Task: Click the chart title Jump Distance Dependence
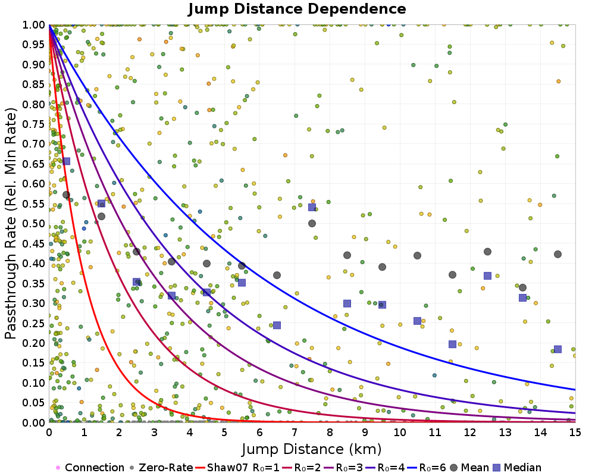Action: point(297,9)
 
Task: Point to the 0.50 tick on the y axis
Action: point(34,224)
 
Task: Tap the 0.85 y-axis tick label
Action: point(34,84)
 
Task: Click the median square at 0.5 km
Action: point(66,161)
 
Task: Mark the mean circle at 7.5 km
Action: point(312,224)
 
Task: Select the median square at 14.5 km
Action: point(558,349)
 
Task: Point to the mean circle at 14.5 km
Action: point(558,254)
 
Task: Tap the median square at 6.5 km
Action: point(277,325)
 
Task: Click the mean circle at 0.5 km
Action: point(66,195)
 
